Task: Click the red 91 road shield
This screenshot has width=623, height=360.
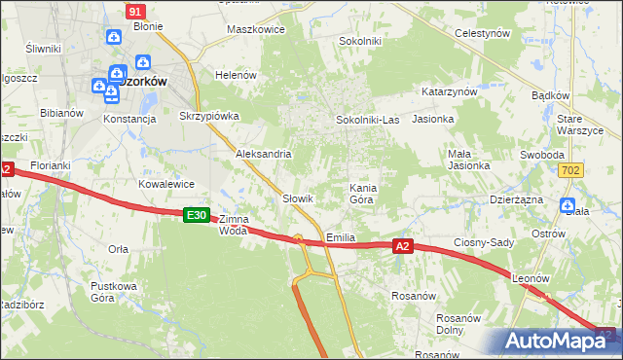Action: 135,10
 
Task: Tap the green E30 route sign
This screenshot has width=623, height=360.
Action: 197,214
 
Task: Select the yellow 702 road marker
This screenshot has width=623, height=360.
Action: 571,170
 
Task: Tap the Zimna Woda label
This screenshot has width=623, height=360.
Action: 234,225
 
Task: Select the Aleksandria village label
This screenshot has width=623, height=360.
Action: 264,154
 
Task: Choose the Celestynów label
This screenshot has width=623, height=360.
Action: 484,32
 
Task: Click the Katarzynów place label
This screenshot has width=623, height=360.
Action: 449,90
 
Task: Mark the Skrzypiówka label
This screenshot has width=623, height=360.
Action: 209,115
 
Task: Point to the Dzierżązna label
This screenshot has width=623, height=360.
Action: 516,198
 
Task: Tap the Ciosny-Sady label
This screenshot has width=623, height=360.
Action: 484,242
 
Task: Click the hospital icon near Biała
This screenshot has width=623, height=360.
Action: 568,204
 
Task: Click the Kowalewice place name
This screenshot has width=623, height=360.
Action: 167,183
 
